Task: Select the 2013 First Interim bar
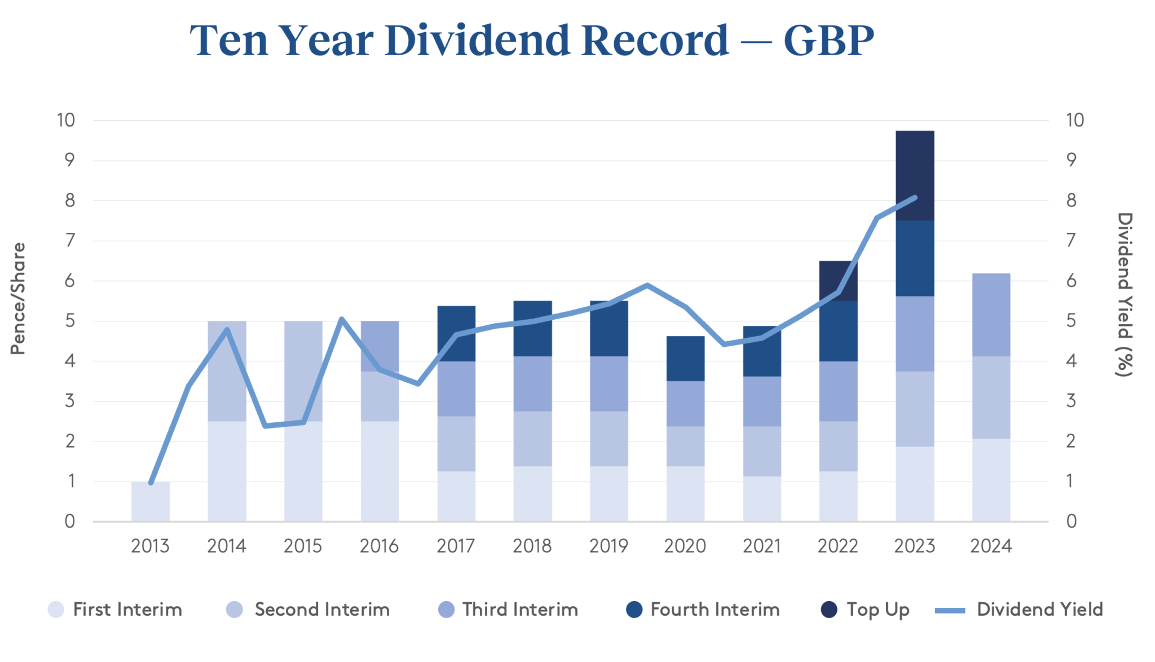pyautogui.click(x=151, y=502)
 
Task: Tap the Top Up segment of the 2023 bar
pyautogui.click(x=915, y=175)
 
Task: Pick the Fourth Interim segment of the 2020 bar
pyautogui.click(x=685, y=359)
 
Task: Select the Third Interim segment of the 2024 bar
pyautogui.click(x=991, y=315)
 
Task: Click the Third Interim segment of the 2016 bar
pyautogui.click(x=380, y=346)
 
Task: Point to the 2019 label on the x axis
pyautogui.click(x=609, y=546)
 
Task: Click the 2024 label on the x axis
pyautogui.click(x=991, y=546)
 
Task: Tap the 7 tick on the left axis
pyautogui.click(x=69, y=241)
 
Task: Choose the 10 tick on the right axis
pyautogui.click(x=1074, y=120)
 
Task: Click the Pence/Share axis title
pyautogui.click(x=19, y=298)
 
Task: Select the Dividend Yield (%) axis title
pyautogui.click(x=1125, y=294)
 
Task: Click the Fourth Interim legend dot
pyautogui.click(x=634, y=610)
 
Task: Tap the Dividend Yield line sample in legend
pyautogui.click(x=950, y=610)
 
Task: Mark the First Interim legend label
pyautogui.click(x=127, y=610)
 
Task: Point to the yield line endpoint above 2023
pyautogui.click(x=915, y=198)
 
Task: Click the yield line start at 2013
pyautogui.click(x=151, y=483)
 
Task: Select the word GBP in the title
pyautogui.click(x=828, y=41)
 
